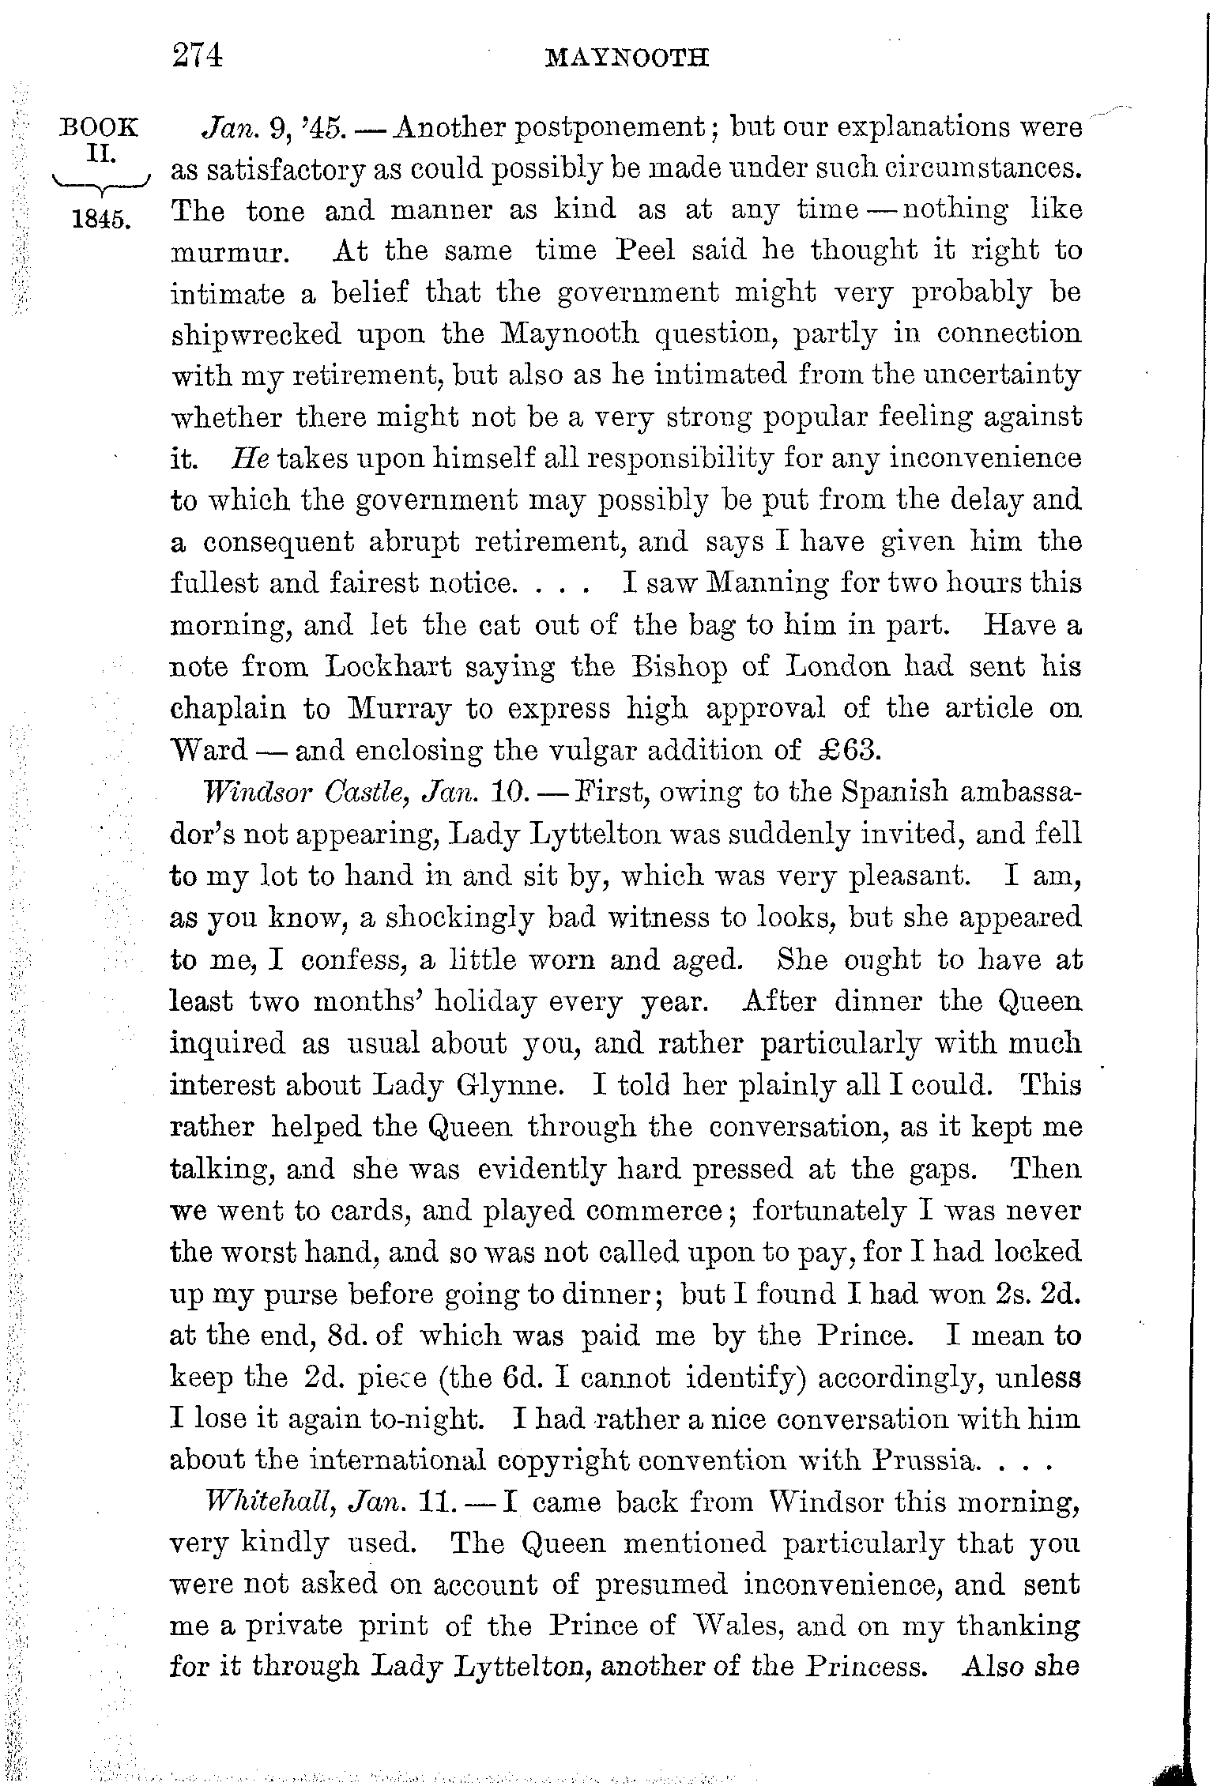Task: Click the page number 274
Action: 198,57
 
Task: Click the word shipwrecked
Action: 256,334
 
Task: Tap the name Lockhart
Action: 389,667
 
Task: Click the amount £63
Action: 847,750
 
